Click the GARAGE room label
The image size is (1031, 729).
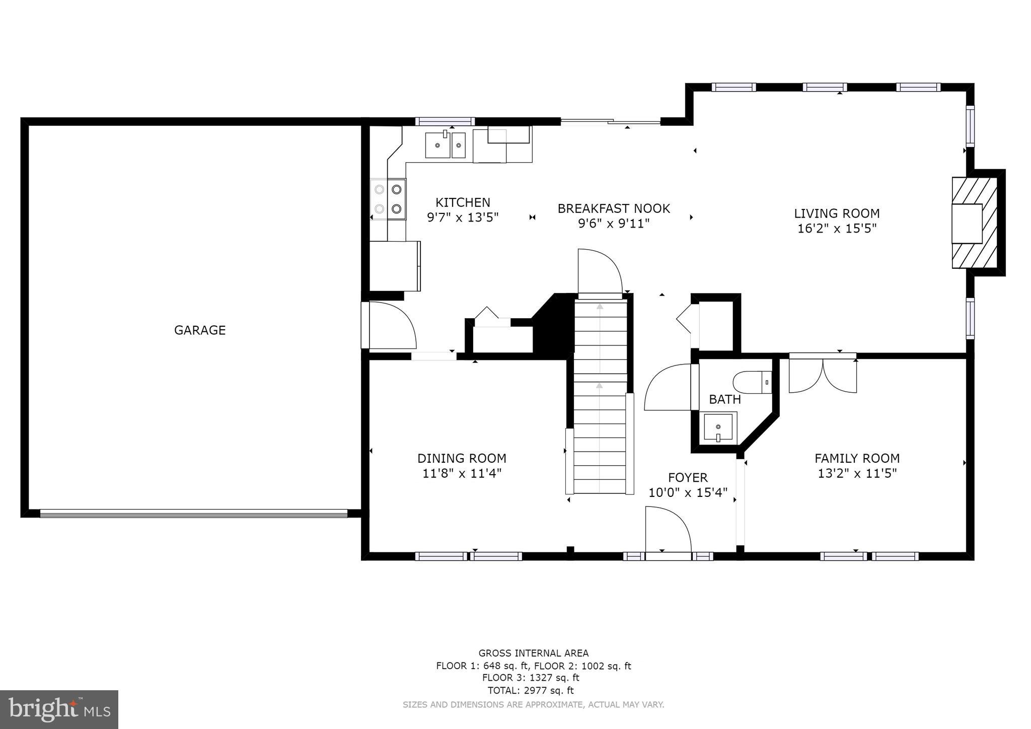(200, 330)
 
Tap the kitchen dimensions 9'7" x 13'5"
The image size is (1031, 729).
(463, 217)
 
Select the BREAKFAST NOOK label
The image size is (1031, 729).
(614, 208)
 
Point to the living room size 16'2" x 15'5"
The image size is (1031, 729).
(837, 229)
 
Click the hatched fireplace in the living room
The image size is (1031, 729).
(975, 223)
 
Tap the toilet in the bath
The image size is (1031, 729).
(752, 382)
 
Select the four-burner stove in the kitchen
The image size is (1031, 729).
(388, 199)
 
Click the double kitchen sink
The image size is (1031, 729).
(446, 145)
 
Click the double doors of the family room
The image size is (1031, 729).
(823, 375)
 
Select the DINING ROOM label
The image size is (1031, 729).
(462, 459)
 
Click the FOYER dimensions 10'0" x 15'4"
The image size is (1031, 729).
(688, 492)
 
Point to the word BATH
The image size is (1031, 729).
(725, 400)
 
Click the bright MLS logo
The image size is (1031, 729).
(59, 709)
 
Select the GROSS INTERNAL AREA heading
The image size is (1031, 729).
(533, 653)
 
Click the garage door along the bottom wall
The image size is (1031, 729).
(193, 513)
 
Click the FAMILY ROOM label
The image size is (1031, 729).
(857, 459)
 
